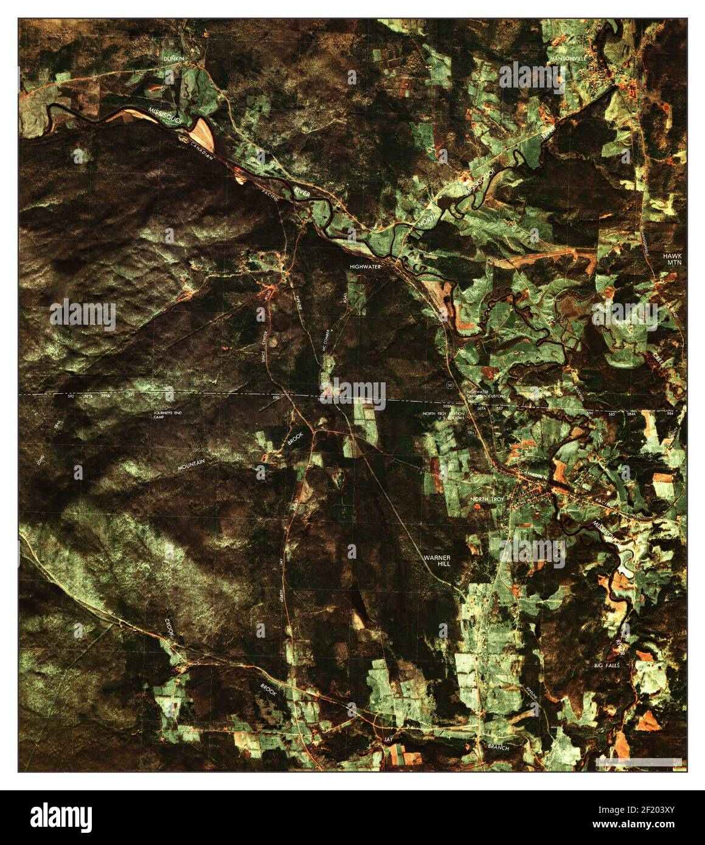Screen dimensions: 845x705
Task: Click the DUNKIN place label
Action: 173,58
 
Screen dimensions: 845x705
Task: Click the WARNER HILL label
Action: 438,561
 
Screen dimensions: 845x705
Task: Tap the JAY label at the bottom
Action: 388,739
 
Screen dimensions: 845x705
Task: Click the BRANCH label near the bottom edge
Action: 495,747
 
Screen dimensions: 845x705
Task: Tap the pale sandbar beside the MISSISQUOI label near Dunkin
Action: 201,129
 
